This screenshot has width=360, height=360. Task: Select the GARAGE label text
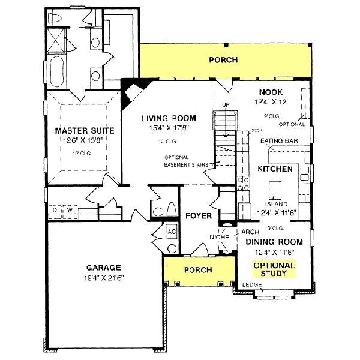pos(103,268)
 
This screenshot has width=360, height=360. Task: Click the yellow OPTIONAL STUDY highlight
pos(274,269)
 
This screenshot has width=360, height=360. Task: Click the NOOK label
pos(270,92)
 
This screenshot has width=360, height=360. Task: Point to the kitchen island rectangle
pos(275,190)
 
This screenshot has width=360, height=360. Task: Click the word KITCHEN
pos(275,169)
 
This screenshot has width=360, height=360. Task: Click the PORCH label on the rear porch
pos(223,60)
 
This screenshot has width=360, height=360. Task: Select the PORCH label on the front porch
pos(197,270)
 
